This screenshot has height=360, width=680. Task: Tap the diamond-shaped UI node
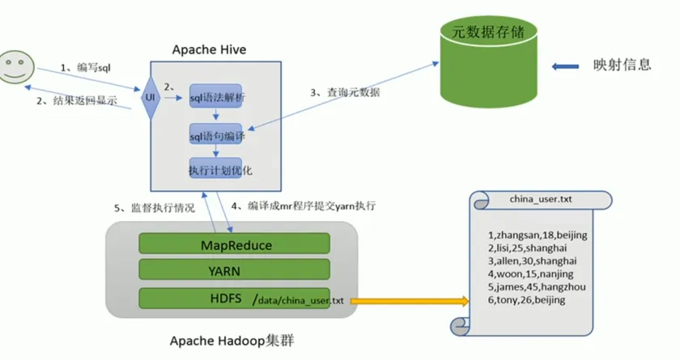click(x=150, y=98)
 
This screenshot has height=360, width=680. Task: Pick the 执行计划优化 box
click(x=215, y=169)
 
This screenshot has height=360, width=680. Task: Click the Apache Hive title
click(x=209, y=50)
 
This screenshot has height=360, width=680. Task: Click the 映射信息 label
click(x=622, y=66)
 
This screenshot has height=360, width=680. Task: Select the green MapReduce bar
click(x=234, y=244)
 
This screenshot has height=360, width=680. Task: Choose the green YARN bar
click(x=234, y=269)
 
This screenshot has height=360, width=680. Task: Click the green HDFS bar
click(x=194, y=297)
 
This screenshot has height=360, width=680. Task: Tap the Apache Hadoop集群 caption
click(x=232, y=341)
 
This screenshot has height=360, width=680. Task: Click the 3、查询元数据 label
click(x=346, y=93)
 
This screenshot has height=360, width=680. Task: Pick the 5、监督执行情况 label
click(x=155, y=208)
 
